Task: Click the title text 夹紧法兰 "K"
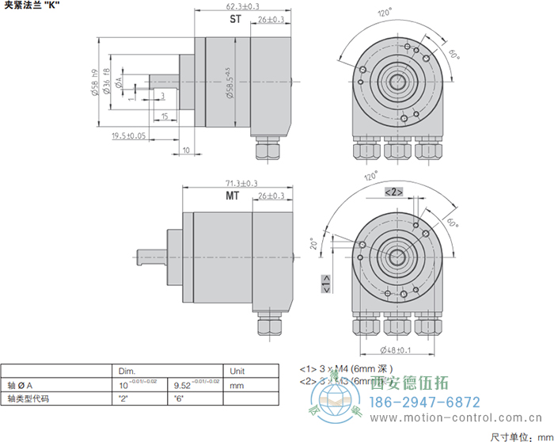coord(32,6)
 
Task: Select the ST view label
coord(234,18)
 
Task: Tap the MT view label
coord(232,195)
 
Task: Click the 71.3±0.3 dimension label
coord(231,183)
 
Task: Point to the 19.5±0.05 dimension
coord(129,135)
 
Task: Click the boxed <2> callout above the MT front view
coord(394,192)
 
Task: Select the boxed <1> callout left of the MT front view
coord(325,282)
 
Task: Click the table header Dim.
coord(127,371)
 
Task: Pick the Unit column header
coord(237,371)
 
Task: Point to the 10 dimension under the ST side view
coord(187,149)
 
